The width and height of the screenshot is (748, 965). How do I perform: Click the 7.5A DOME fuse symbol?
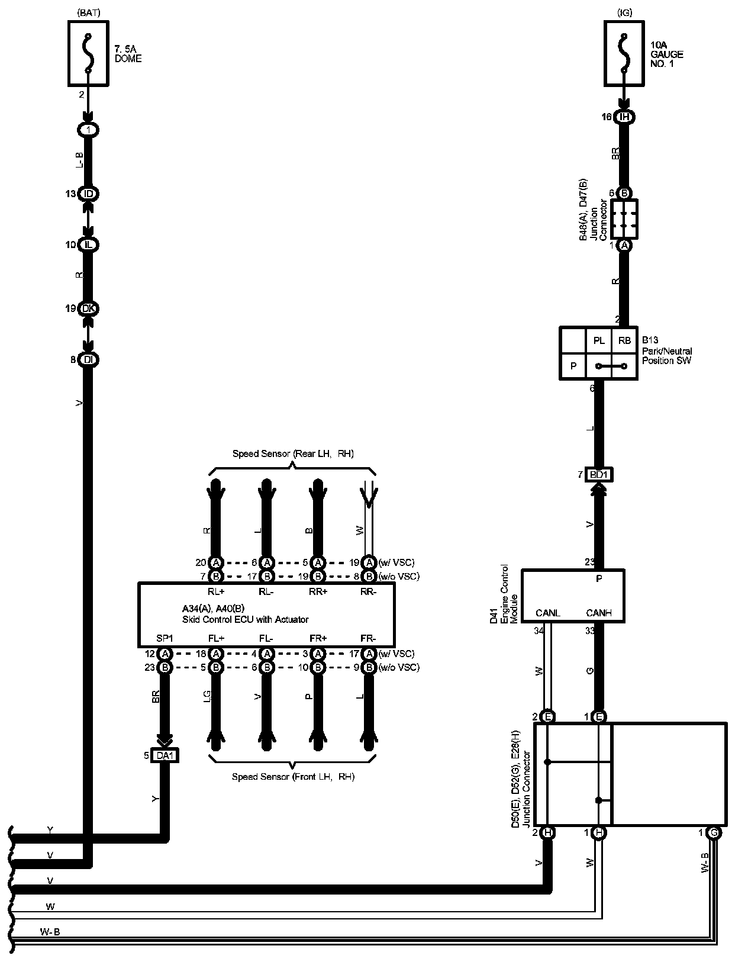pyautogui.click(x=88, y=53)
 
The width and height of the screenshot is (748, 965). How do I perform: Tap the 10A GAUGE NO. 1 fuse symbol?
pyautogui.click(x=623, y=53)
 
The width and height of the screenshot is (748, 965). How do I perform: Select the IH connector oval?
pyautogui.click(x=624, y=117)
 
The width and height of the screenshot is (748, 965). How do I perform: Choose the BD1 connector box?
pyautogui.click(x=599, y=474)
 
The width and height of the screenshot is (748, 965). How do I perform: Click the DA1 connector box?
pyautogui.click(x=165, y=755)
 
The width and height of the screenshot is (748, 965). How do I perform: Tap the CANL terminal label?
pyautogui.click(x=547, y=613)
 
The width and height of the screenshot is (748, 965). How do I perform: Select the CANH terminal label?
pyautogui.click(x=598, y=613)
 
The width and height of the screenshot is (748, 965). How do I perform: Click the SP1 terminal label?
pyautogui.click(x=165, y=638)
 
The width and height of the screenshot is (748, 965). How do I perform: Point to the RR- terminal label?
pyautogui.click(x=368, y=591)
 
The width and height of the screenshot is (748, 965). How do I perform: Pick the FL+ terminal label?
pyautogui.click(x=216, y=638)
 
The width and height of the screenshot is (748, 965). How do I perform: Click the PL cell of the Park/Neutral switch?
pyautogui.click(x=599, y=340)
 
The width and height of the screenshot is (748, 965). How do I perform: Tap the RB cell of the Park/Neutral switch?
pyautogui.click(x=624, y=340)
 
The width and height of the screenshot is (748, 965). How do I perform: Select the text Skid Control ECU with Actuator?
pyautogui.click(x=245, y=619)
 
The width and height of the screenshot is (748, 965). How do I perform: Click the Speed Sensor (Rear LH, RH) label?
pyautogui.click(x=292, y=453)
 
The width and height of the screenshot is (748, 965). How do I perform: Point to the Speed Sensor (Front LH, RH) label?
pyautogui.click(x=293, y=777)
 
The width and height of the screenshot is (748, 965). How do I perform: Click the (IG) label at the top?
pyautogui.click(x=624, y=12)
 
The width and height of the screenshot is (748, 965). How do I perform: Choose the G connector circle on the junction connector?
pyautogui.click(x=714, y=832)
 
